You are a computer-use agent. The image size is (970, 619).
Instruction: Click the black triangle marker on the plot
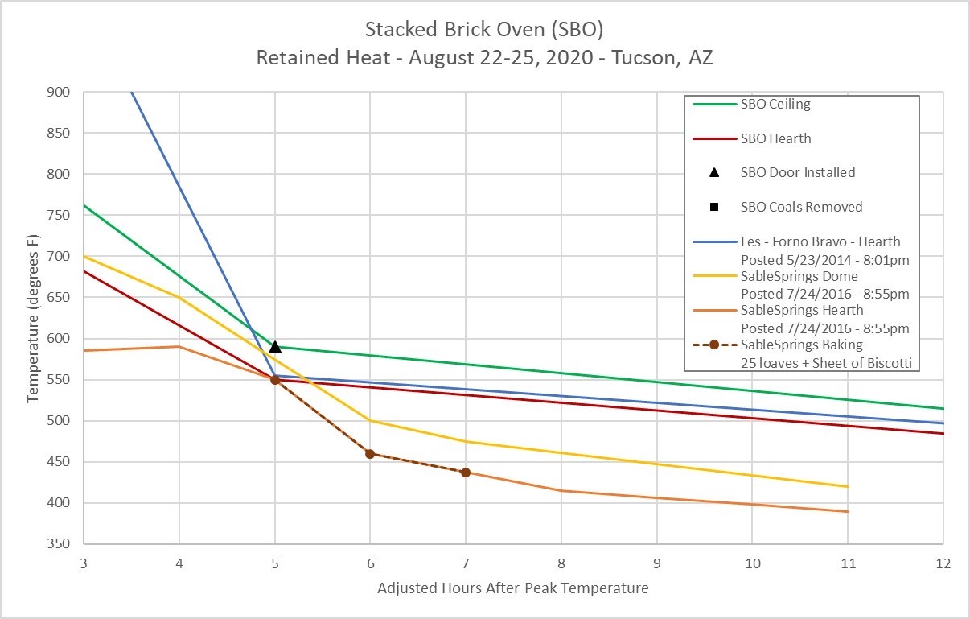pyautogui.click(x=275, y=347)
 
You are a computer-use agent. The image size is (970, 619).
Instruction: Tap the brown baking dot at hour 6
pyautogui.click(x=370, y=454)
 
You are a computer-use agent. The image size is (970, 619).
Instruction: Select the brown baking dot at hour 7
pyautogui.click(x=466, y=473)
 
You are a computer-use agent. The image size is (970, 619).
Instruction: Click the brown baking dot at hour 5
pyautogui.click(x=275, y=380)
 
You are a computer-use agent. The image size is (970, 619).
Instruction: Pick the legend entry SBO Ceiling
pyautogui.click(x=775, y=104)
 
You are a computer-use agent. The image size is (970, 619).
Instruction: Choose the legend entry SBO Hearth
pyautogui.click(x=775, y=138)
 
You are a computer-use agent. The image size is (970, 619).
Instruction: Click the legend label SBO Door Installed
pyautogui.click(x=797, y=172)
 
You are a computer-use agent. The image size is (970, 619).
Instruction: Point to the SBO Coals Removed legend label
pyautogui.click(x=801, y=207)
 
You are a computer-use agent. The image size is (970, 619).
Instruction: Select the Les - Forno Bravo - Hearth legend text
pyautogui.click(x=820, y=241)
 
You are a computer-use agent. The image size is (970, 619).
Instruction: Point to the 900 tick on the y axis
pyautogui.click(x=60, y=92)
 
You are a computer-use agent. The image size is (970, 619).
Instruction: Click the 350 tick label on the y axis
pyautogui.click(x=60, y=544)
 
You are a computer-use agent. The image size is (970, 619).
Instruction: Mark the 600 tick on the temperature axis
pyautogui.click(x=60, y=339)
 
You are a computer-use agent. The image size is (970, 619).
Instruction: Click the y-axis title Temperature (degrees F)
pyautogui.click(x=33, y=318)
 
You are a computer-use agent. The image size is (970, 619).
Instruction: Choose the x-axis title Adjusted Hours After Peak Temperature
pyautogui.click(x=512, y=588)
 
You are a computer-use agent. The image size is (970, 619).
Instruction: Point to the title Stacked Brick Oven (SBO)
pyautogui.click(x=484, y=31)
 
